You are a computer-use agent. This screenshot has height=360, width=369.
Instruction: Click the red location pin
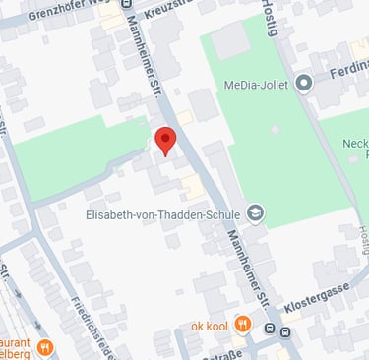(x=164, y=140)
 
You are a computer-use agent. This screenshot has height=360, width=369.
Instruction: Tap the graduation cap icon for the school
(x=255, y=211)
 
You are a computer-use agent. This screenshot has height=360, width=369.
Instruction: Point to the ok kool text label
(x=210, y=325)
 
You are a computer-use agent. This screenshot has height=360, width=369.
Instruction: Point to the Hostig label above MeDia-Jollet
(x=273, y=18)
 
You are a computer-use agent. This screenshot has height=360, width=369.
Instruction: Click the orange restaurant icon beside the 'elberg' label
(x=43, y=348)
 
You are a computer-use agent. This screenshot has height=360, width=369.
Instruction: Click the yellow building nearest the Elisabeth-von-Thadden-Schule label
(x=194, y=189)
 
